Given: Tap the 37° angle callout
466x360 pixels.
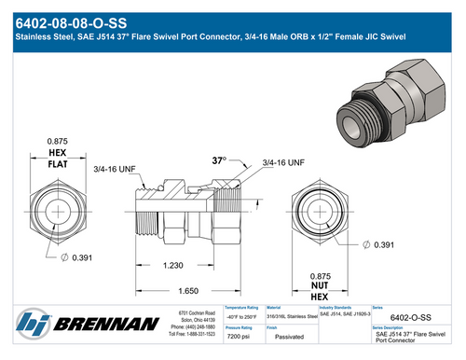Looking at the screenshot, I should tap(220, 160).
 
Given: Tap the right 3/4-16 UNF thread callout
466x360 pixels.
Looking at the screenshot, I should tap(283, 162).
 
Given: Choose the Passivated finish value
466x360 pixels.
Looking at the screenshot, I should tap(289, 336).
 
